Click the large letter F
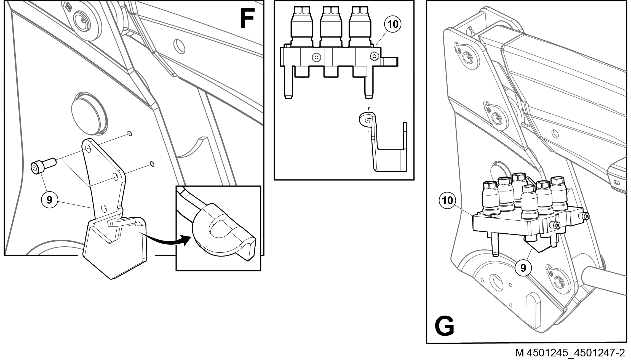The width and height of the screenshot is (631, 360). click(247, 19)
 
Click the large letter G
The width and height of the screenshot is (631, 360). click(444, 326)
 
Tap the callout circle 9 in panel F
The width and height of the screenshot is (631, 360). click(49, 199)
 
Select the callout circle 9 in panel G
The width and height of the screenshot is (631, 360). click(523, 268)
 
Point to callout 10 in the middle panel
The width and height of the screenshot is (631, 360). click(393, 24)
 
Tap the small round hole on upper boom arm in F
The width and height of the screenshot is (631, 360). click(180, 46)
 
